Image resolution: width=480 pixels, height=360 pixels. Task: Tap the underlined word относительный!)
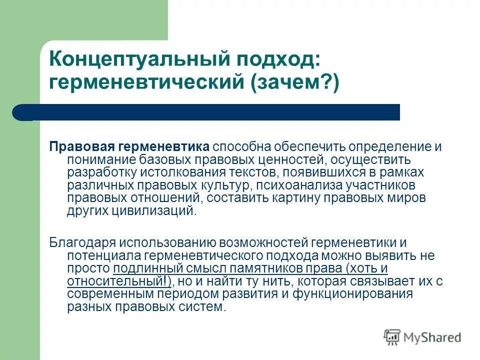(120, 281)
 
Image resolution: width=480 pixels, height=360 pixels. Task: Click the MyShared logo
(422, 337)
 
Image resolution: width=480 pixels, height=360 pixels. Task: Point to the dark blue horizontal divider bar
(210, 112)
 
